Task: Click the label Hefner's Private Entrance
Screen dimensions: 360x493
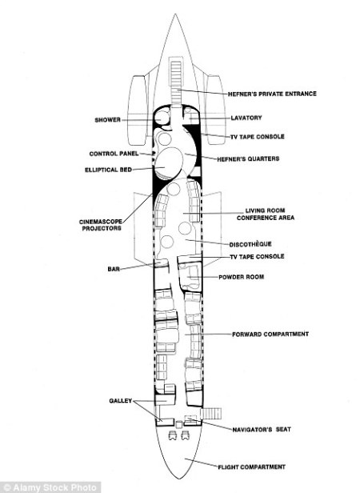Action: (x=272, y=94)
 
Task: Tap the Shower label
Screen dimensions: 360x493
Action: (x=107, y=120)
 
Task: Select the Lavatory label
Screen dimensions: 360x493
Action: (x=246, y=118)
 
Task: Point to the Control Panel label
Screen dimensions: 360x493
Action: (x=114, y=154)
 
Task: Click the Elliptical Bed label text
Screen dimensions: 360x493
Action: (x=108, y=170)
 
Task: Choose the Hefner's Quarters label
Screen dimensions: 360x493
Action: (x=248, y=158)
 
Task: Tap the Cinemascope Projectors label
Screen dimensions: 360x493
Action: (x=101, y=225)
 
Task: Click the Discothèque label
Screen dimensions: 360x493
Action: (x=250, y=244)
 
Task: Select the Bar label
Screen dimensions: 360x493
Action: (x=114, y=269)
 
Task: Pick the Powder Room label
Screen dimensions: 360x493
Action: (x=241, y=277)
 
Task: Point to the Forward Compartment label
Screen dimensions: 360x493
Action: (x=270, y=335)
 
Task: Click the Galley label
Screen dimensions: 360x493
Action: (x=121, y=401)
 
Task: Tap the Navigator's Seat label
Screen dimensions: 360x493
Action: (x=262, y=430)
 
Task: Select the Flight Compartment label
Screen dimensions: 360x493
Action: (x=251, y=467)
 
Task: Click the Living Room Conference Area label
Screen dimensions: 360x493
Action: (x=266, y=214)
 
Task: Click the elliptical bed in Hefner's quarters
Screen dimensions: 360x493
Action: (x=169, y=162)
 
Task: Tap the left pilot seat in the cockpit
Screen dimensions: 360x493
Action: (x=172, y=435)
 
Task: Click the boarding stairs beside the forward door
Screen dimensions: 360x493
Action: (x=211, y=414)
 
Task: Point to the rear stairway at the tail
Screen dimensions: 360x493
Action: (x=176, y=82)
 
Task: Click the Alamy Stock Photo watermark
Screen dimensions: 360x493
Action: (x=50, y=487)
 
